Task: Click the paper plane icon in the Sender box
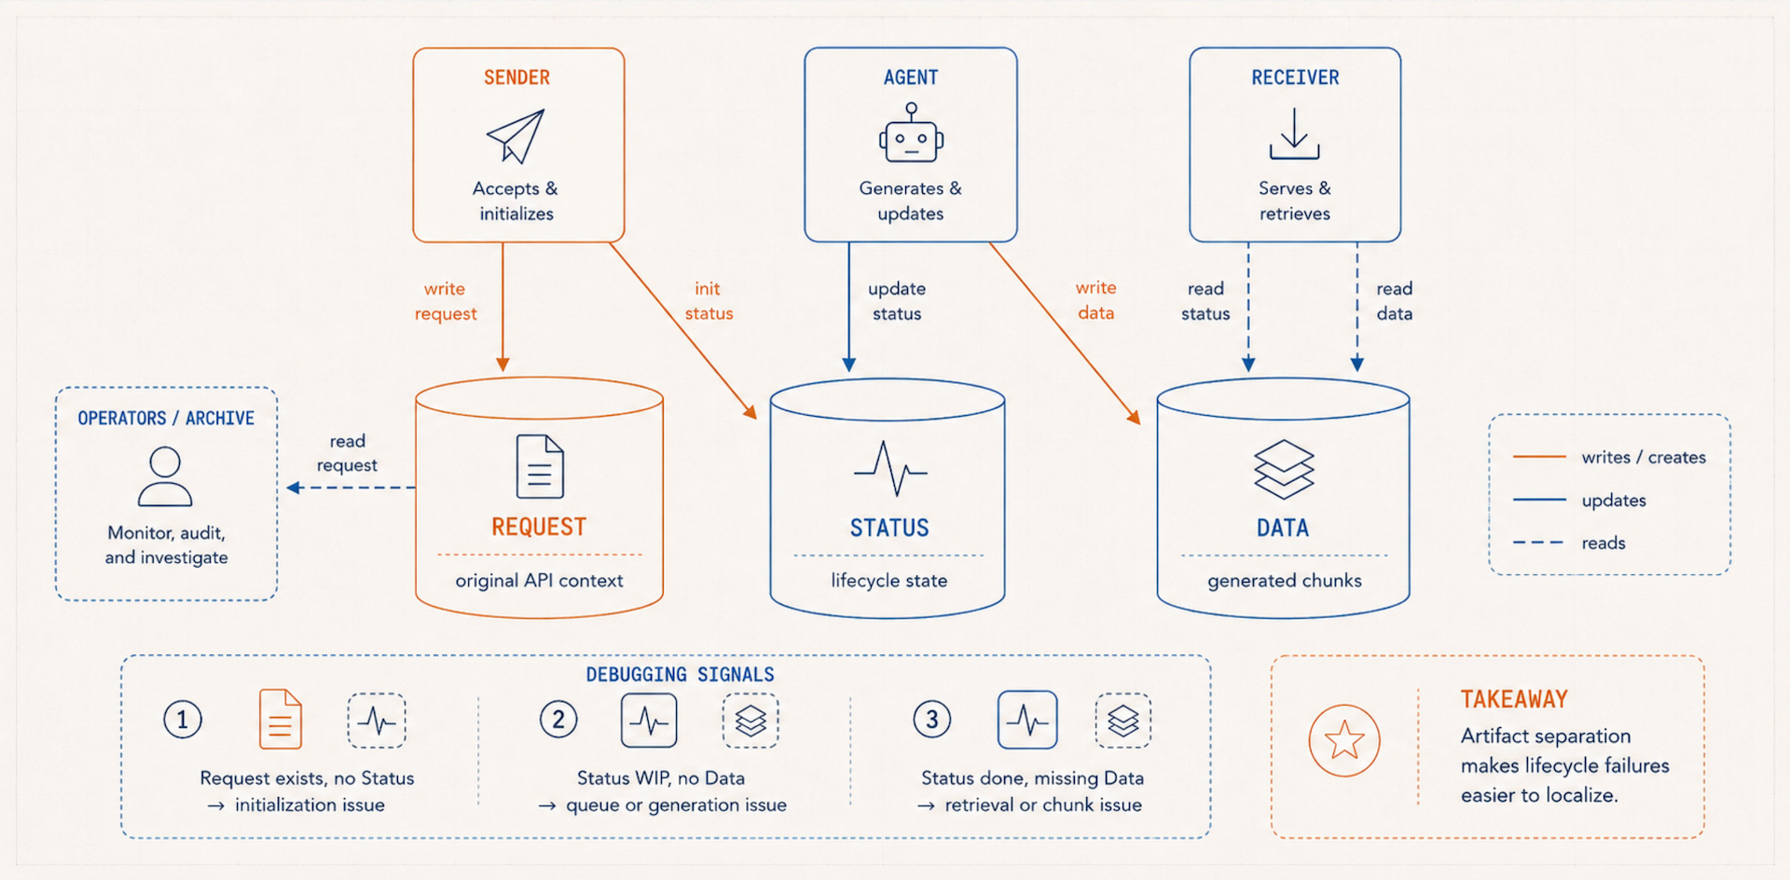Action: click(x=516, y=136)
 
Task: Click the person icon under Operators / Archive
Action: click(x=165, y=476)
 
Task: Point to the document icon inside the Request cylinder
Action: click(x=540, y=466)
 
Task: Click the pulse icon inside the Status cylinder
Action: click(x=890, y=468)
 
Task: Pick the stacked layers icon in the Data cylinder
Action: click(x=1284, y=469)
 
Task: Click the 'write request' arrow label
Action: click(x=446, y=301)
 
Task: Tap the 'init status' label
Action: click(x=709, y=301)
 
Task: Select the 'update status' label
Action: click(x=897, y=301)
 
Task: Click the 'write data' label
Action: click(x=1096, y=300)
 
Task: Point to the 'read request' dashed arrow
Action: click(x=351, y=488)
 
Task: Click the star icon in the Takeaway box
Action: click(x=1344, y=741)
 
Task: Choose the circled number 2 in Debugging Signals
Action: click(x=558, y=720)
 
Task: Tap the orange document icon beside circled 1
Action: click(x=281, y=719)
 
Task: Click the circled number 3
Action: click(x=932, y=720)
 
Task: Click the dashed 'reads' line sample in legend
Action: click(x=1538, y=543)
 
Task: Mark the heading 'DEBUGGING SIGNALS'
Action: click(x=681, y=674)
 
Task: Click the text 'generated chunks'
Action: click(x=1285, y=581)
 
